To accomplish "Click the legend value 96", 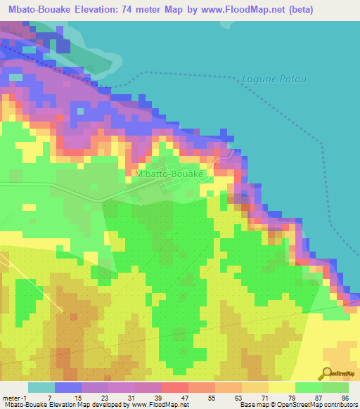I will tap(345, 397).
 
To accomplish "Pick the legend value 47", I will tap(184, 397).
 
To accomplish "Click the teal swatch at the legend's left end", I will tap(41, 387).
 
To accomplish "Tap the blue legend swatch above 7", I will tap(68, 387).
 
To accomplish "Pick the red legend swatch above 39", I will tap(175, 387).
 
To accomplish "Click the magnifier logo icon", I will tap(327, 373).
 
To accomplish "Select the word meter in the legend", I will tap(12, 397).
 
